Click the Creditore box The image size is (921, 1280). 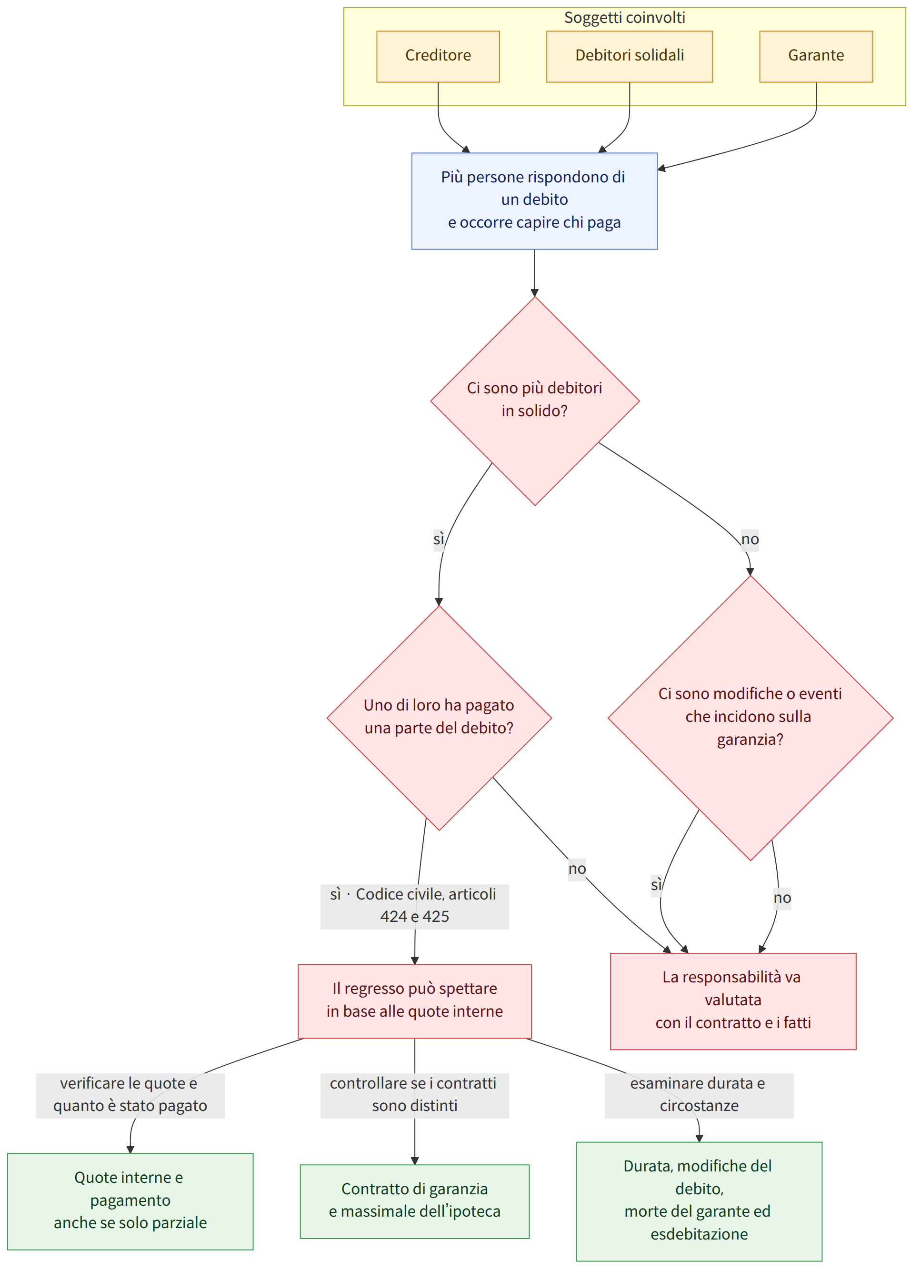click(x=438, y=57)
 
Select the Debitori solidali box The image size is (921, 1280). click(x=629, y=57)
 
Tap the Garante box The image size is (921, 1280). click(x=816, y=57)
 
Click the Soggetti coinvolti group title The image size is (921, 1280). click(x=625, y=18)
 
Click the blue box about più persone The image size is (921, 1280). click(x=534, y=201)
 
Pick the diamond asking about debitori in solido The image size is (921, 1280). click(x=535, y=400)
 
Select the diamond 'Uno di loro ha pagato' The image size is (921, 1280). click(x=439, y=718)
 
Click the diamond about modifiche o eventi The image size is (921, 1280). click(x=750, y=718)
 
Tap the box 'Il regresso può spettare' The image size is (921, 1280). click(x=415, y=1001)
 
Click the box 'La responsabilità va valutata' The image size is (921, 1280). click(x=733, y=1001)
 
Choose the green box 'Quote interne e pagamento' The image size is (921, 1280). click(x=130, y=1201)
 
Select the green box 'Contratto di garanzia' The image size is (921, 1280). click(x=415, y=1201)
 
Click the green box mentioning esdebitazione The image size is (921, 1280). click(x=699, y=1201)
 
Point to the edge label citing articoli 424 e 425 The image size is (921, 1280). click(x=415, y=906)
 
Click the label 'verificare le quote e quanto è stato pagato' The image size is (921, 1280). click(x=130, y=1095)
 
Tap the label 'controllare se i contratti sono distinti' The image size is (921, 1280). click(x=415, y=1095)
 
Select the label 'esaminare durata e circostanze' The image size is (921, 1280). click(x=699, y=1095)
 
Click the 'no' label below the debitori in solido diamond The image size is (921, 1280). click(x=750, y=540)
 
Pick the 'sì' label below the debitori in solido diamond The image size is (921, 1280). click(x=439, y=540)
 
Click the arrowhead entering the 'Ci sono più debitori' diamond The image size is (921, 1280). click(x=534, y=293)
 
